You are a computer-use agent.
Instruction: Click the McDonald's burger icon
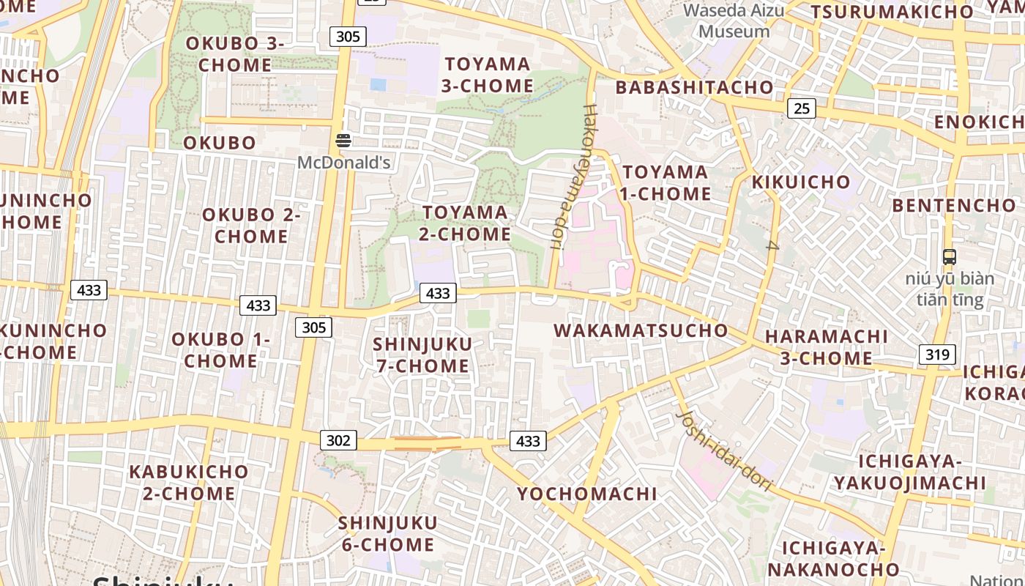343,140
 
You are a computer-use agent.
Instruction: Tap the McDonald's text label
343,162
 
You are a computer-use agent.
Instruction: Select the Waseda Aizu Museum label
734,21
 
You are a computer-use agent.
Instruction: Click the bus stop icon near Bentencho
950,257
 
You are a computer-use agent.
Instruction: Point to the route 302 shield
338,440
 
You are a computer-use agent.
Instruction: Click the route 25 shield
802,108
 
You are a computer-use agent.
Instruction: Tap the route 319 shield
937,355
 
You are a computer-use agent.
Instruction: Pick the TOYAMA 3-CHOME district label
488,75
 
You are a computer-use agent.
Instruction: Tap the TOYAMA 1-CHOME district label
666,183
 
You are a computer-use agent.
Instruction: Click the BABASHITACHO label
694,87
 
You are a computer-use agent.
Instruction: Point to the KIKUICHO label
801,182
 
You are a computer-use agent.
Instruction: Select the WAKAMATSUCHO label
641,330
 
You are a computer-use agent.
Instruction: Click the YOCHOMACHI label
587,494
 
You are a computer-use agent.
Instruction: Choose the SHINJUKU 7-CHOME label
422,355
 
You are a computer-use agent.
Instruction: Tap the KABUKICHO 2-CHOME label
189,482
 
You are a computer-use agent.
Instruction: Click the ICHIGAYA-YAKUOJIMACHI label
909,472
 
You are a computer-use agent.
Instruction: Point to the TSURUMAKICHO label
892,12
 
